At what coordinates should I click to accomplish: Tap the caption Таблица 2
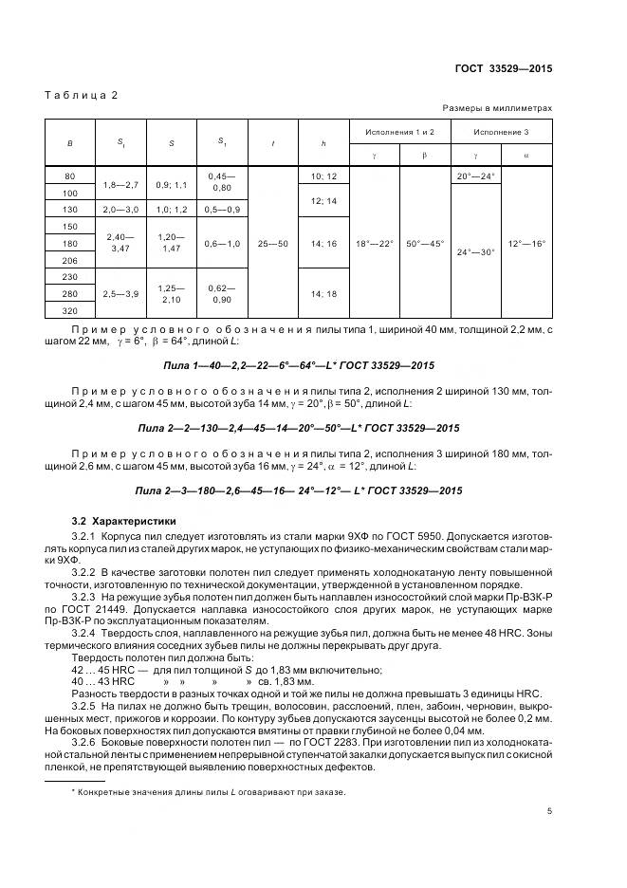[81, 97]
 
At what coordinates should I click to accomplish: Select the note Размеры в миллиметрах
[497, 108]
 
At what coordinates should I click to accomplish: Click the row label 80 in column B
[70, 176]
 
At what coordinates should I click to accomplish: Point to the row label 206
[70, 259]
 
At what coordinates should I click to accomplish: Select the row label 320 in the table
[70, 310]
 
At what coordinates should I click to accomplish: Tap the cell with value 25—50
[273, 244]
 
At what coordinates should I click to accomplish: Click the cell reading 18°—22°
[375, 244]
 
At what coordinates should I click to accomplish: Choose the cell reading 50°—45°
[425, 244]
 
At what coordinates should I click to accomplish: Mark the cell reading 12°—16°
[527, 244]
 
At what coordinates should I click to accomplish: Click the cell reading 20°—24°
[476, 176]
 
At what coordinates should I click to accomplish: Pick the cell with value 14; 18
[323, 294]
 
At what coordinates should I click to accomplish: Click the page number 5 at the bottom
[549, 809]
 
